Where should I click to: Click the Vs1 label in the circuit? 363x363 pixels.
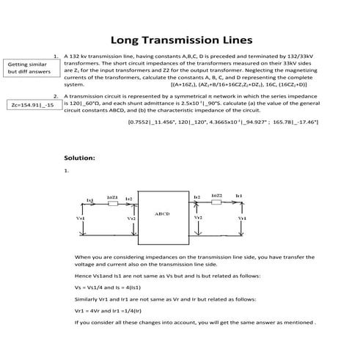click(80, 219)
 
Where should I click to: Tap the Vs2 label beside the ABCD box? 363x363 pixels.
click(131, 219)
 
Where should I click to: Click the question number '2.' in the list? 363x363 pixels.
click(56, 96)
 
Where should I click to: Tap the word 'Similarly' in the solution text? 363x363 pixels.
click(87, 298)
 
